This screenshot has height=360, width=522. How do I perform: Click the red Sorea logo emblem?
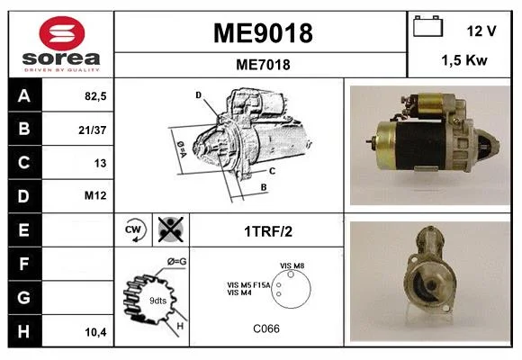click(x=62, y=33)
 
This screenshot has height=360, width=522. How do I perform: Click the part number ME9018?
click(x=263, y=33)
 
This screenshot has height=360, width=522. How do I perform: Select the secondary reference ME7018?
click(x=263, y=64)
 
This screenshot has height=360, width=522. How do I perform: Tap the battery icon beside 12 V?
click(x=427, y=26)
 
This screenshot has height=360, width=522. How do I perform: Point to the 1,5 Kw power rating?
click(x=464, y=60)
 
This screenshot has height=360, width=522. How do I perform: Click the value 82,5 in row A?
click(x=95, y=96)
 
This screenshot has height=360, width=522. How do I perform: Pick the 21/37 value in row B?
click(x=93, y=130)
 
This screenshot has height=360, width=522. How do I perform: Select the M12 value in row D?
click(x=95, y=195)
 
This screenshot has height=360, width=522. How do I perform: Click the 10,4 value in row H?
click(x=96, y=332)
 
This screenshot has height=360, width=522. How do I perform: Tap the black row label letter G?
click(x=23, y=297)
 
